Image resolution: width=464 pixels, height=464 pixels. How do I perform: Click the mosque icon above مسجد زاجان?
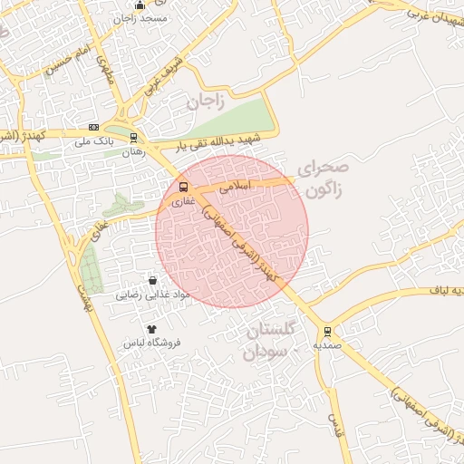[x=139, y=5]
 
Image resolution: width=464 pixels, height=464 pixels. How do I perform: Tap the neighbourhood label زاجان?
[x=205, y=101]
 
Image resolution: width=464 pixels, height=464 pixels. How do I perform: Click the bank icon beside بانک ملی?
[x=94, y=128]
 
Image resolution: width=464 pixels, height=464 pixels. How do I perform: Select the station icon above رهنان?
[x=134, y=139]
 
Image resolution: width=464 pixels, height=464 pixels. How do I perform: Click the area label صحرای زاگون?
[x=321, y=179]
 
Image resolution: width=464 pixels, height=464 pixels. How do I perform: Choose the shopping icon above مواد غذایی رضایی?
[x=151, y=281]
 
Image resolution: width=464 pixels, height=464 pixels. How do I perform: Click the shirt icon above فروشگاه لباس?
[x=151, y=329]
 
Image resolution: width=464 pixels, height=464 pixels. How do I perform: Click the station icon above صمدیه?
[x=327, y=332]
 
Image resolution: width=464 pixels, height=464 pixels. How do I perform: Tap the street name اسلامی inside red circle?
[x=233, y=185]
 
